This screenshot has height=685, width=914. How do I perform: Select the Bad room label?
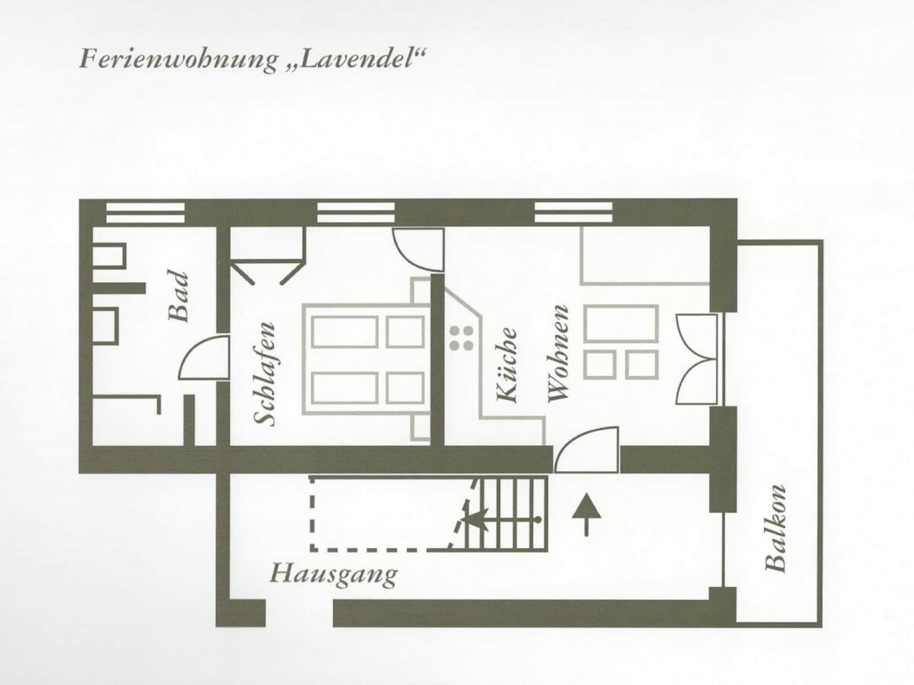(x=179, y=296)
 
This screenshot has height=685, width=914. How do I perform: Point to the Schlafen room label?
(x=265, y=374)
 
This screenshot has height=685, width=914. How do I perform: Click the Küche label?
(x=507, y=364)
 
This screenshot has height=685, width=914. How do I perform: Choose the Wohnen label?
(x=558, y=353)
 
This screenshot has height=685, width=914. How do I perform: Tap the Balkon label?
(x=775, y=528)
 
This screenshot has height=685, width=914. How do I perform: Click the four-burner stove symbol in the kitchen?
(x=461, y=338)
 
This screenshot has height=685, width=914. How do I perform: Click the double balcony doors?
(x=696, y=360)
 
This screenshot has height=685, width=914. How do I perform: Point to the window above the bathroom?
(x=145, y=213)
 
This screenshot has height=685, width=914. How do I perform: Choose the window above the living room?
(x=573, y=212)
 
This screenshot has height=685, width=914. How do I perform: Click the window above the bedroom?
(x=356, y=212)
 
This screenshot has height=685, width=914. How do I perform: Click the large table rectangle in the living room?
(x=621, y=323)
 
